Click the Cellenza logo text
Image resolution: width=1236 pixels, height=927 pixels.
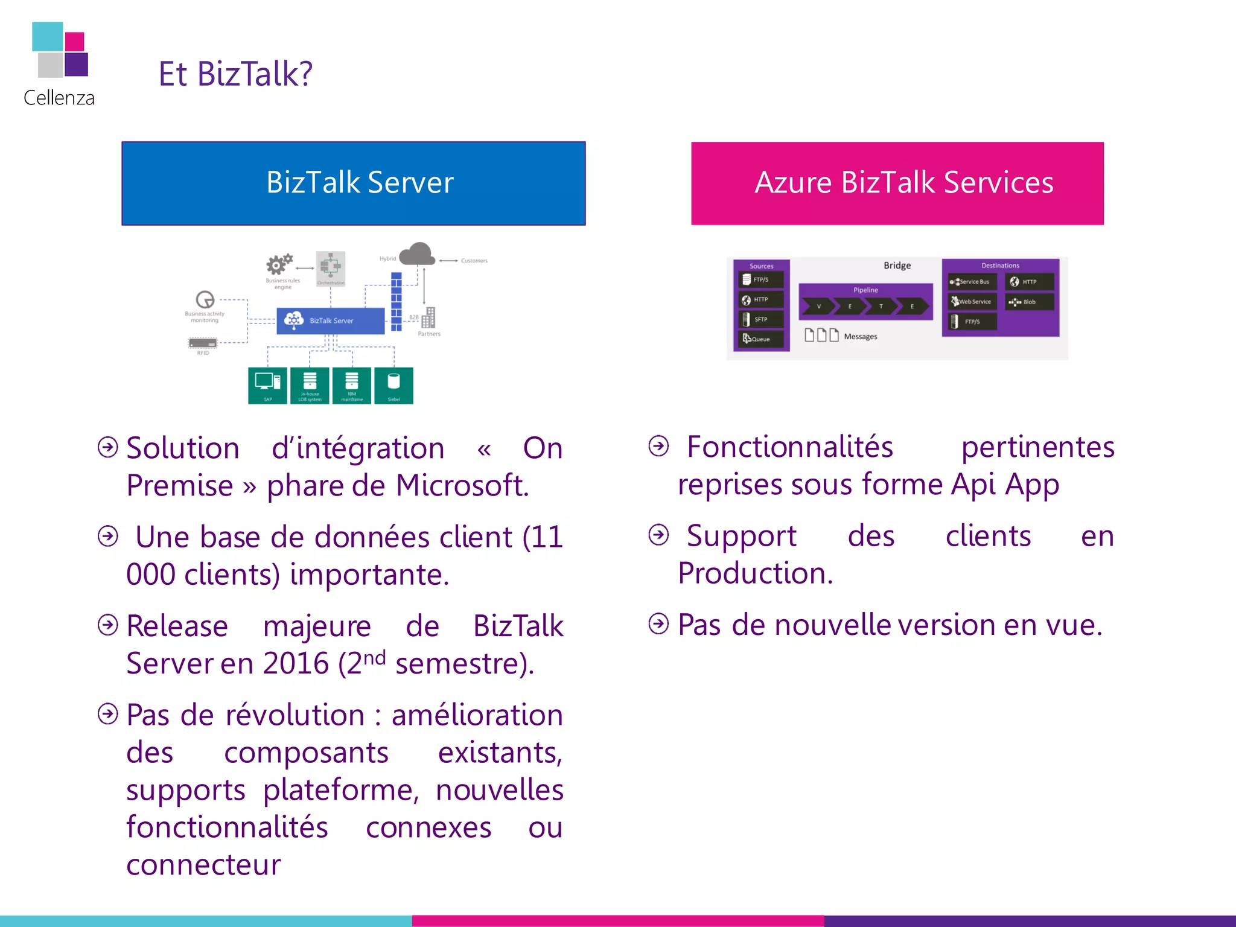pyautogui.click(x=59, y=98)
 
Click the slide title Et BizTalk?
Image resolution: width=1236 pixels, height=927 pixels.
pyautogui.click(x=235, y=74)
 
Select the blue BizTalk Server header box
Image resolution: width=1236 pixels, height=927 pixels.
pyautogui.click(x=354, y=183)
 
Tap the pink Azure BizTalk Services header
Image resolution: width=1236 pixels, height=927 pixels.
pyautogui.click(x=897, y=183)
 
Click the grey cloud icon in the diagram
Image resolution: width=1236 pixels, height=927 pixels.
pyautogui.click(x=417, y=254)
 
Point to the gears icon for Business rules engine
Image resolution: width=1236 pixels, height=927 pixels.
pyautogui.click(x=279, y=264)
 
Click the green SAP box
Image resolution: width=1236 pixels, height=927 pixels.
pyautogui.click(x=267, y=385)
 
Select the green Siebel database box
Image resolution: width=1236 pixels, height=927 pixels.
pyautogui.click(x=393, y=385)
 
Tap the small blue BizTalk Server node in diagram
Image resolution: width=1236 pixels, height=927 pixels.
pyautogui.click(x=330, y=320)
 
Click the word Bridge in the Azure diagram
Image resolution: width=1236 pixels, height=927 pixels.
pyautogui.click(x=897, y=266)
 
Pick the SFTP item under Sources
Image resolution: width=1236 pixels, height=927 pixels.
pyautogui.click(x=761, y=319)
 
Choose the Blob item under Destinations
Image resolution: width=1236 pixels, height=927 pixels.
pyautogui.click(x=1029, y=302)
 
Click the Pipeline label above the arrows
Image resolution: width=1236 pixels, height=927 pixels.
pyautogui.click(x=865, y=290)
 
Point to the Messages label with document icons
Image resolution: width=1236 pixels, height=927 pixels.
pyautogui.click(x=860, y=337)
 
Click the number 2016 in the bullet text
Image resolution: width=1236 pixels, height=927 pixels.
pyautogui.click(x=296, y=664)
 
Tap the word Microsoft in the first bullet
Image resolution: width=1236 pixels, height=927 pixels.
pyautogui.click(x=462, y=486)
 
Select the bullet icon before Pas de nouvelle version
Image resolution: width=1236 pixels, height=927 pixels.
pyautogui.click(x=658, y=624)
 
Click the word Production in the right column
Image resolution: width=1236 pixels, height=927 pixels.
pyautogui.click(x=754, y=573)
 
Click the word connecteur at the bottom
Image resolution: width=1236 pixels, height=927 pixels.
pyautogui.click(x=203, y=865)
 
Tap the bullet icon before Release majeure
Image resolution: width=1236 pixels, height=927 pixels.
pyautogui.click(x=108, y=625)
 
